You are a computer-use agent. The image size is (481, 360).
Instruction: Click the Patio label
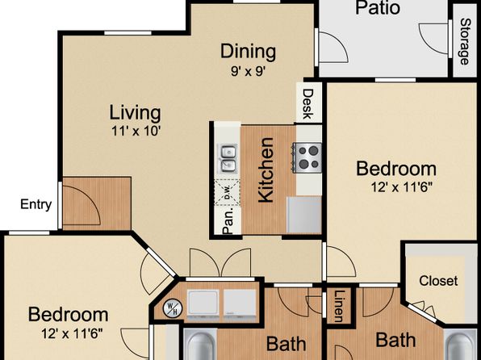378,8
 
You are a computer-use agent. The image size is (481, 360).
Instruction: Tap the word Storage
465,41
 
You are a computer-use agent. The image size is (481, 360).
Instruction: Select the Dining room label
249,51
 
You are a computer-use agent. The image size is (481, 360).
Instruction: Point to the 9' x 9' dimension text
248,72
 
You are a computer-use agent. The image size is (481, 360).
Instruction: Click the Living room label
136,113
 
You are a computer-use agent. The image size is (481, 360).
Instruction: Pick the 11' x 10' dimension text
136,132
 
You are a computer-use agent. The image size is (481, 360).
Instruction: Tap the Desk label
307,104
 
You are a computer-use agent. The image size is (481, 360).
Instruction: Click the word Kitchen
266,170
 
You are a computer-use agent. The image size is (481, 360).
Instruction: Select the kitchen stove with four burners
307,157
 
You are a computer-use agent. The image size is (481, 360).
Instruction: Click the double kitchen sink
228,159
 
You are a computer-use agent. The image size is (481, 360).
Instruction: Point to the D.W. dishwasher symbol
227,192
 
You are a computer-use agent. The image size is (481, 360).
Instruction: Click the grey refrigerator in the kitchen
304,215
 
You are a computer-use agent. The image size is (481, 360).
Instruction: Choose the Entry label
36,205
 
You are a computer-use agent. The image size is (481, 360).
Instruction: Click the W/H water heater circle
173,308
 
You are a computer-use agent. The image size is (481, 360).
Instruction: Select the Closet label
438,281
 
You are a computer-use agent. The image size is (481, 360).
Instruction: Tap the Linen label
339,306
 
